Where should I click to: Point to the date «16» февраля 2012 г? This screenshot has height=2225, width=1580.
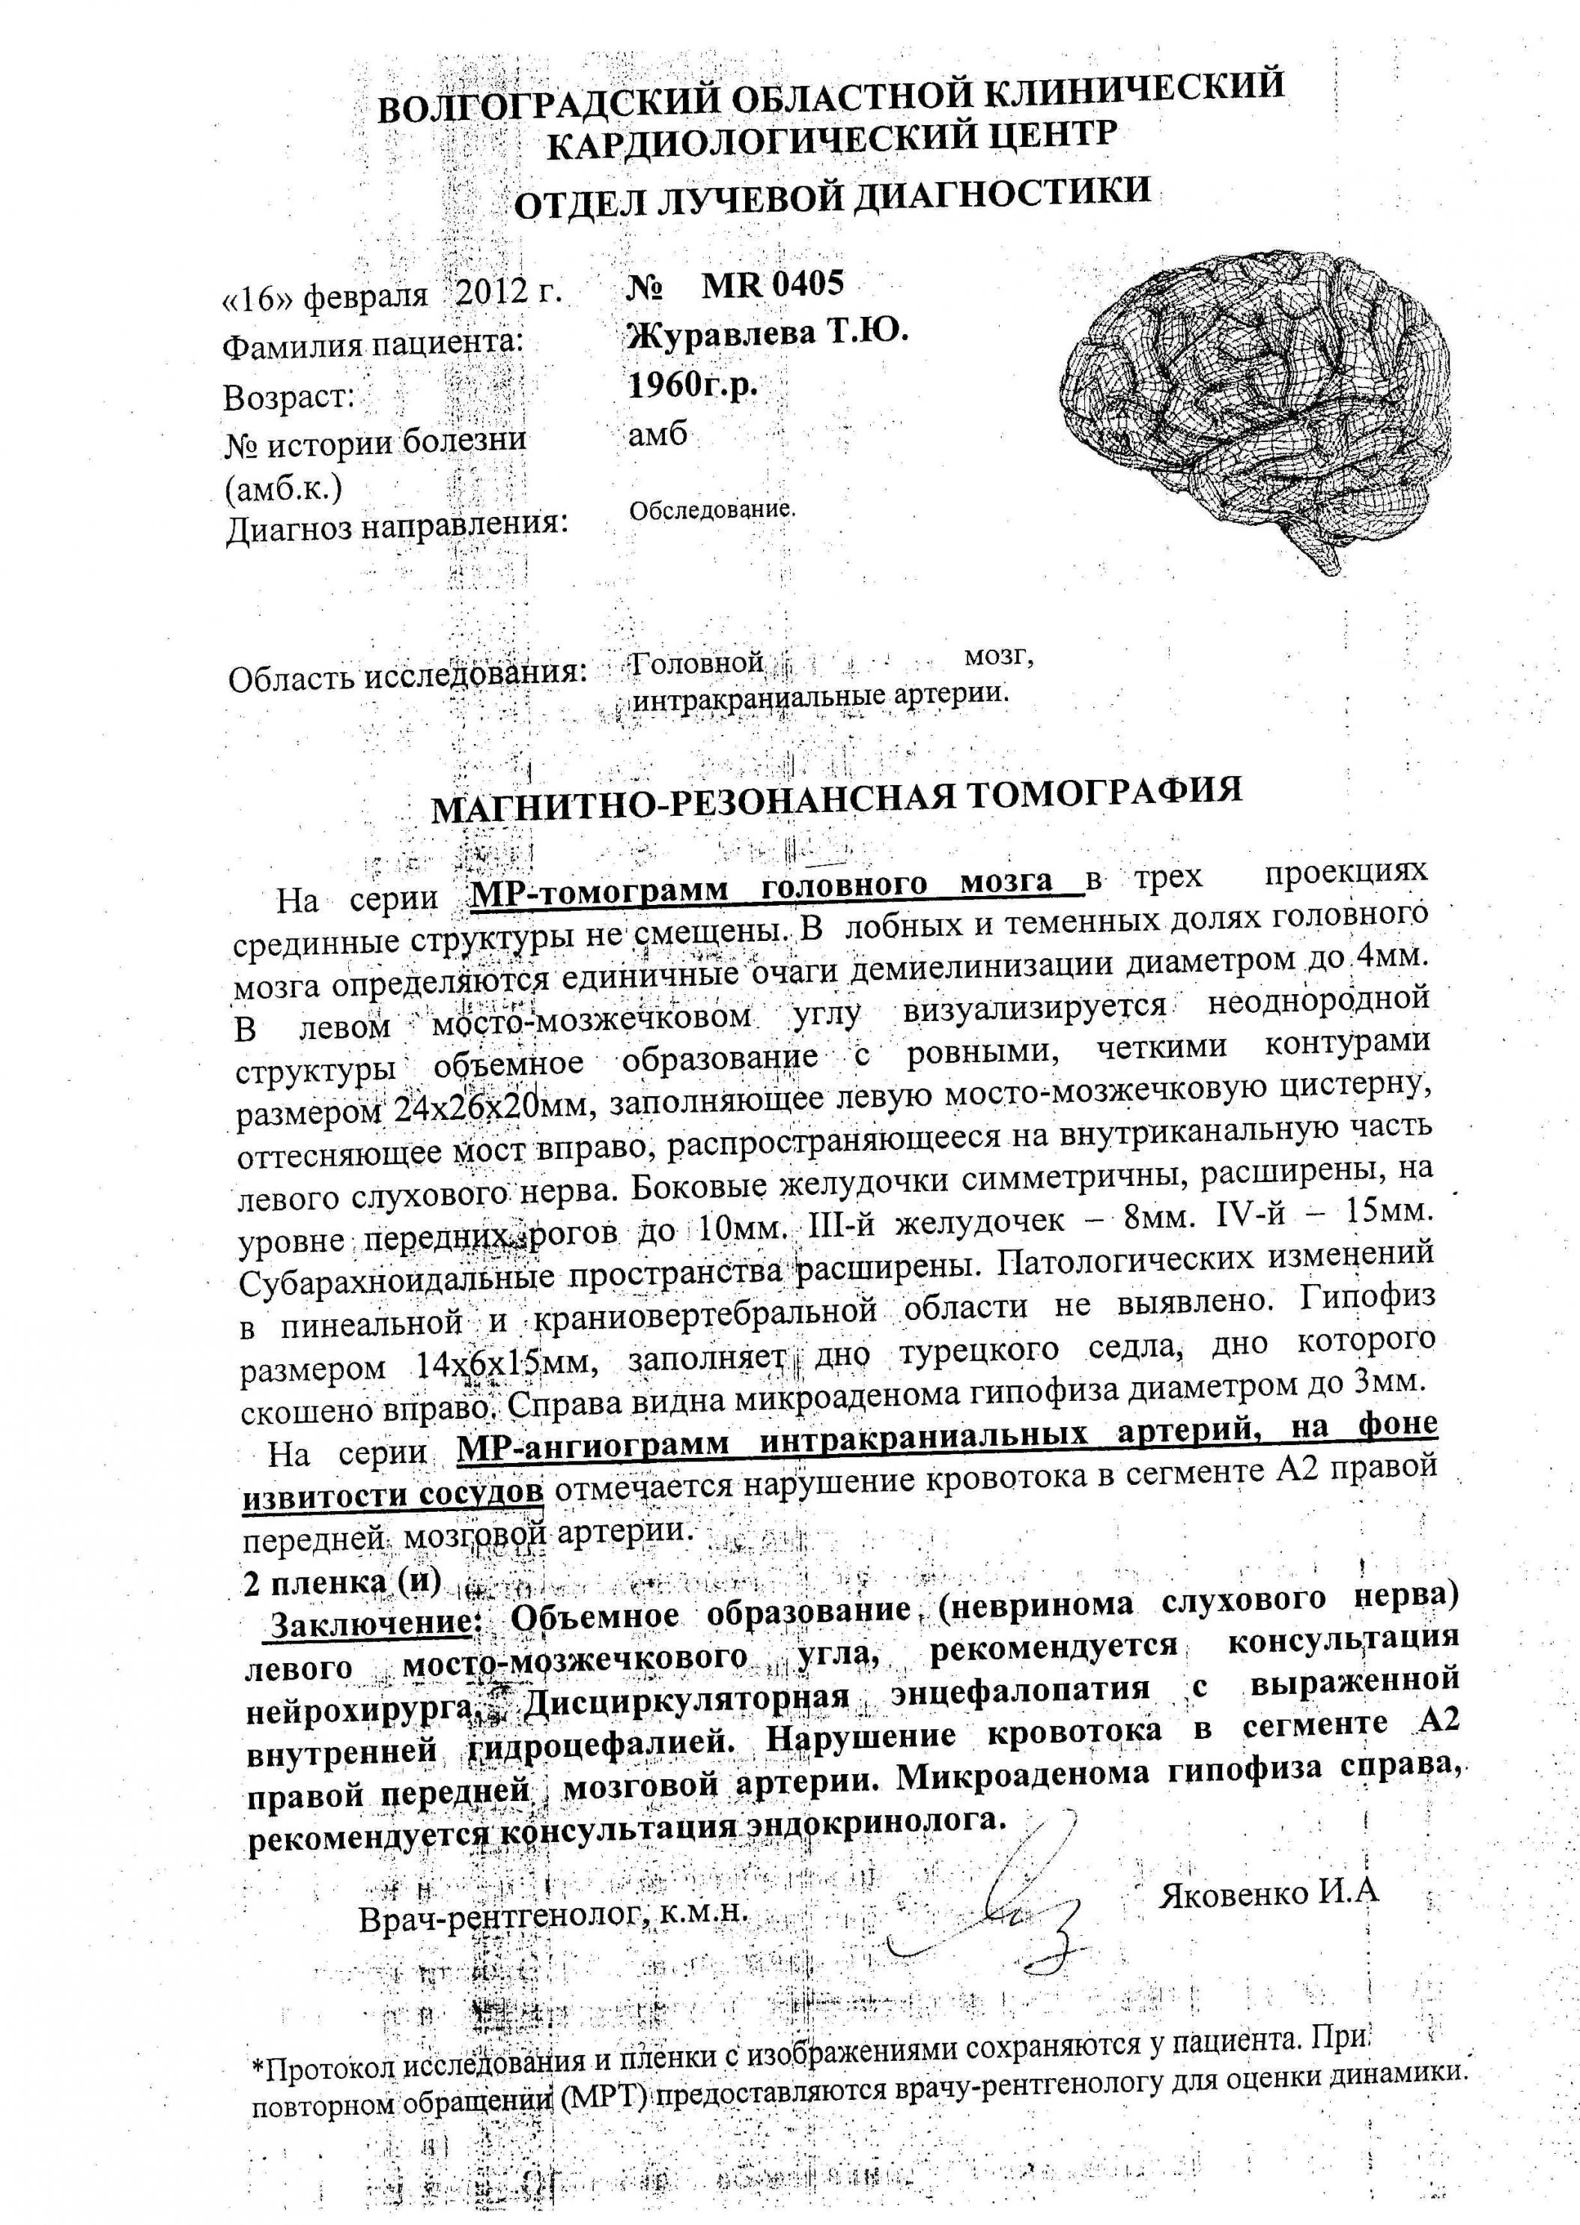(393, 293)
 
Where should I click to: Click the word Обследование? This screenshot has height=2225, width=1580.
(712, 510)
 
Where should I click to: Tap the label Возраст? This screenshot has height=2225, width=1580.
(289, 397)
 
